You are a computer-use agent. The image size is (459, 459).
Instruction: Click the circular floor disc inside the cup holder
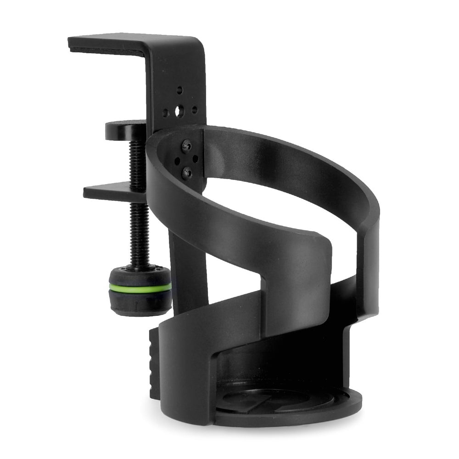[x=275, y=404]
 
